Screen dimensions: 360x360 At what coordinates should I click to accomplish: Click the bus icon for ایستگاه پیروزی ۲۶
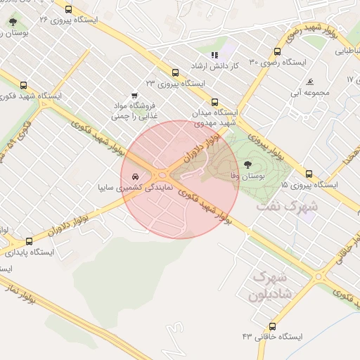point(68,10)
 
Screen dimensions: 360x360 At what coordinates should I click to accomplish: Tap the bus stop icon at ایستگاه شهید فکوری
point(24,84)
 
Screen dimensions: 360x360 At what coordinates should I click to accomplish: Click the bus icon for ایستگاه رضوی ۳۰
point(278,52)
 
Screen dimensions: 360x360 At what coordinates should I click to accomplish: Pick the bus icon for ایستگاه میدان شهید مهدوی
point(214,102)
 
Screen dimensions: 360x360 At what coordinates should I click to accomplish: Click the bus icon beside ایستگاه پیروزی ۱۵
point(309,174)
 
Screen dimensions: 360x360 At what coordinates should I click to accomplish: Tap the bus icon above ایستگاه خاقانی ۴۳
point(272,326)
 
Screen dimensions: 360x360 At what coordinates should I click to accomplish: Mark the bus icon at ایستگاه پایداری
point(29,240)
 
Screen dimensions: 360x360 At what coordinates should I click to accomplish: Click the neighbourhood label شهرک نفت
point(287,207)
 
